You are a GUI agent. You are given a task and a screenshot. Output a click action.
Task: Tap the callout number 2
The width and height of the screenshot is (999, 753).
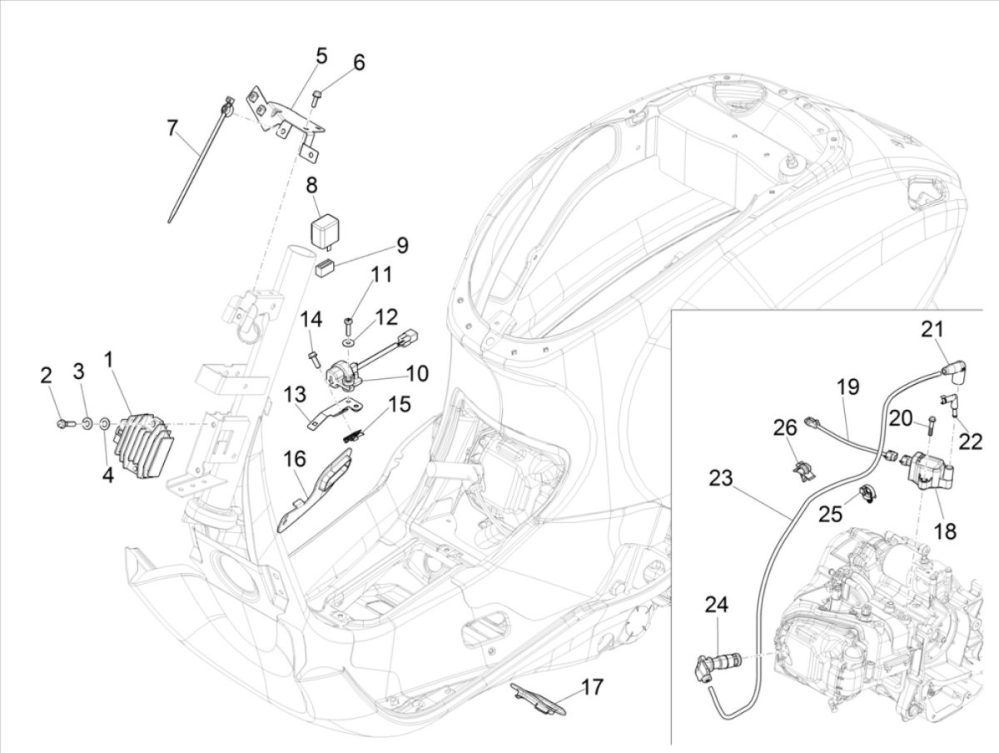click(47, 376)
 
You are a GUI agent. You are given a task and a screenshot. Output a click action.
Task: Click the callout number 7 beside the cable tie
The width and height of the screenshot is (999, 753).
click(172, 128)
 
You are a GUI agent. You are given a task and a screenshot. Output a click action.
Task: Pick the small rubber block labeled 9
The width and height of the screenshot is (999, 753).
click(325, 268)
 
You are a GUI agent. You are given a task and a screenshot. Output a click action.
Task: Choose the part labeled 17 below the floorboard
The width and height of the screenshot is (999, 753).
click(537, 698)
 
